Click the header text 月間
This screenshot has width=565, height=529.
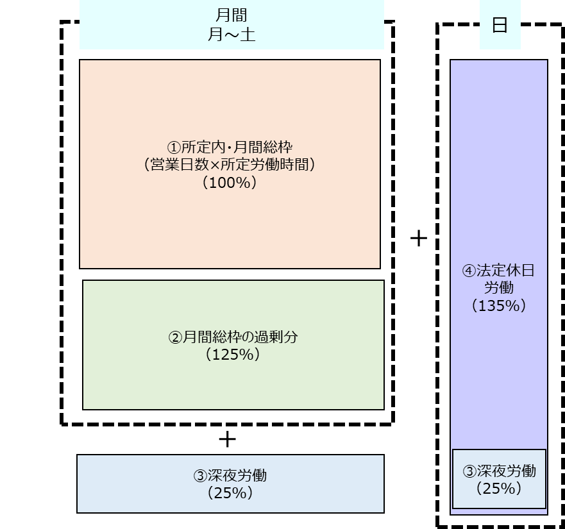coord(232,15)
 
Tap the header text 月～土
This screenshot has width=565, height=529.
coord(232,35)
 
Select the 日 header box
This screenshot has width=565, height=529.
coord(500,26)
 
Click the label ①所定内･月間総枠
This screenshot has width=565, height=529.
coord(230,146)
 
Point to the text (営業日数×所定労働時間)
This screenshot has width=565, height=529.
coord(230,164)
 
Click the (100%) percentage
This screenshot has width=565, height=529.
coord(230,183)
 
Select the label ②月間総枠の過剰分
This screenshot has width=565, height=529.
coord(233,337)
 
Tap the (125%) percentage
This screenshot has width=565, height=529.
coord(233,355)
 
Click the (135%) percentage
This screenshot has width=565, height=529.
coord(499,306)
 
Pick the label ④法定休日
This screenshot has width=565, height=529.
coord(499,271)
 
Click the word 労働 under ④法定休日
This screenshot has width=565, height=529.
coord(499,288)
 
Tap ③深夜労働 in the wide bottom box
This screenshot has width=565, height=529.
coord(230,476)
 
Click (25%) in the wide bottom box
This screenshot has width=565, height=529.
coord(230,494)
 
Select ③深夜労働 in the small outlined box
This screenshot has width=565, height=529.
coord(499,471)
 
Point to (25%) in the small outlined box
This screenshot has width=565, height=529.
coord(499,489)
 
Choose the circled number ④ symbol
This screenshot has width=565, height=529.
coord(469,271)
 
